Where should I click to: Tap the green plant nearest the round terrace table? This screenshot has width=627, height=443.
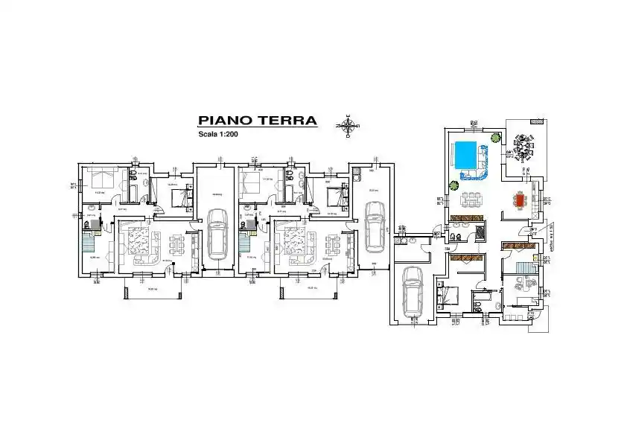point(494,137)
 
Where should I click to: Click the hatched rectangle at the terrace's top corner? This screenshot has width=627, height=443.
point(536,120)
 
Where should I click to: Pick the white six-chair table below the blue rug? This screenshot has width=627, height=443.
point(470,199)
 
